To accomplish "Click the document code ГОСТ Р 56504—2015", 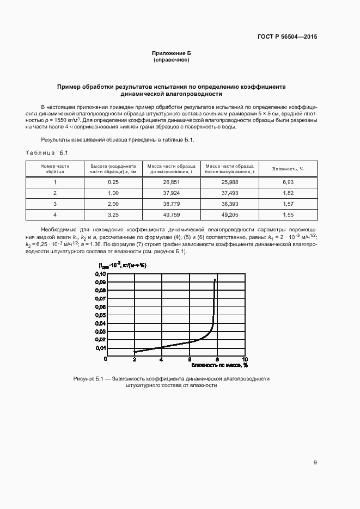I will tap(286, 37).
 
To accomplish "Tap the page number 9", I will tap(315, 463).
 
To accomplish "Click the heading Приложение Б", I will tap(172, 53).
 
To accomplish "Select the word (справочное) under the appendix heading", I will tap(172, 59).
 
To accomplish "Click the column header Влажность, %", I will tap(288, 169).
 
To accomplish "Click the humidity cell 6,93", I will tap(288, 181).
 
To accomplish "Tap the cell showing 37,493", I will tap(229, 193).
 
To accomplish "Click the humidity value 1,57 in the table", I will tap(288, 204).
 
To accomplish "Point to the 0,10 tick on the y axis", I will tap(101, 274).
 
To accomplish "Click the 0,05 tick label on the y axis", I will tap(101, 315).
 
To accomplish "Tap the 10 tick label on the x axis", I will tap(245, 359).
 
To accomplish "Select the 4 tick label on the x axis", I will tap(161, 359).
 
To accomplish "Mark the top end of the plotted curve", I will tap(215, 279).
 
